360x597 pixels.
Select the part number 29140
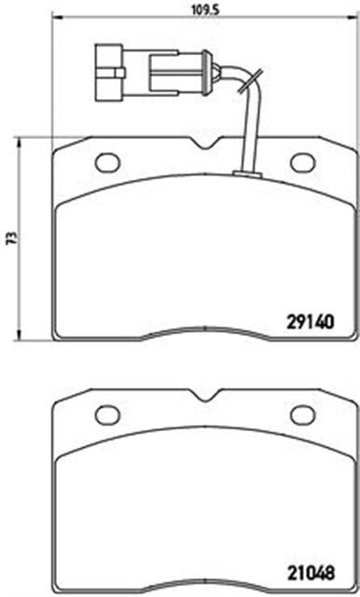click(x=311, y=323)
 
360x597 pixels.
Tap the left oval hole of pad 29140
click(x=107, y=162)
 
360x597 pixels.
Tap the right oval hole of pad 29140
click(x=303, y=162)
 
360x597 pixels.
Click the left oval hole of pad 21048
click(x=107, y=415)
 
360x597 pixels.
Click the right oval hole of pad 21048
click(x=303, y=415)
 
